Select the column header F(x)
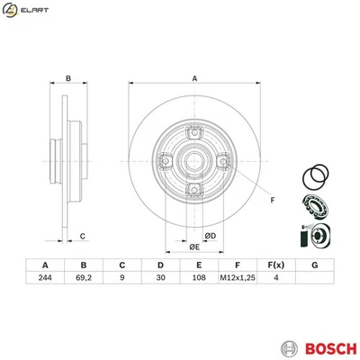point(275,265)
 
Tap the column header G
point(314,265)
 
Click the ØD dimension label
point(210,236)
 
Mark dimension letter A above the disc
point(193,77)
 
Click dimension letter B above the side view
point(68,77)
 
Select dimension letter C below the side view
point(82,236)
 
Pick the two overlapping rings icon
point(317,175)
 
